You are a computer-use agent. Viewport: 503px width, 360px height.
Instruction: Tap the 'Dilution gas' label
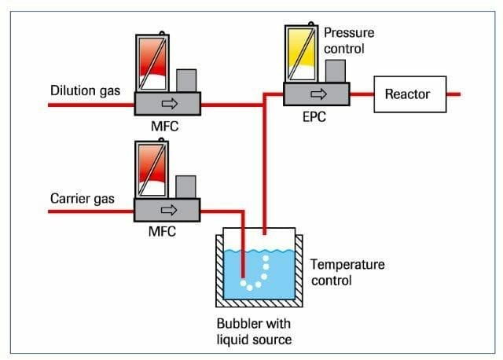(85, 91)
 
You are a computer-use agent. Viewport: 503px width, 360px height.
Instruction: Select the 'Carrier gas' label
(82, 199)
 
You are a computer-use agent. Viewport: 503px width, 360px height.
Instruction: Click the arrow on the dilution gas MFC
(167, 103)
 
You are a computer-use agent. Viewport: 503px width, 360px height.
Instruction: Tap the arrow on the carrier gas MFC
(167, 210)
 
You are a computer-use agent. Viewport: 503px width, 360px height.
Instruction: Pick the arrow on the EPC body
(317, 94)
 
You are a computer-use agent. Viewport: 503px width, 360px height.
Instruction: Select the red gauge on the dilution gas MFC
(151, 61)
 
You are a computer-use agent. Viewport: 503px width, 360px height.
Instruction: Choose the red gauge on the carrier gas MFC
(151, 168)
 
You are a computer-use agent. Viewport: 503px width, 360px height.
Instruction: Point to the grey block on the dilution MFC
(186, 80)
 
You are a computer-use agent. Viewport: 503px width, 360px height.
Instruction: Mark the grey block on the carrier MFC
(186, 187)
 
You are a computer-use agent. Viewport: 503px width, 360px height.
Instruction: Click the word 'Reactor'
(407, 94)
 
